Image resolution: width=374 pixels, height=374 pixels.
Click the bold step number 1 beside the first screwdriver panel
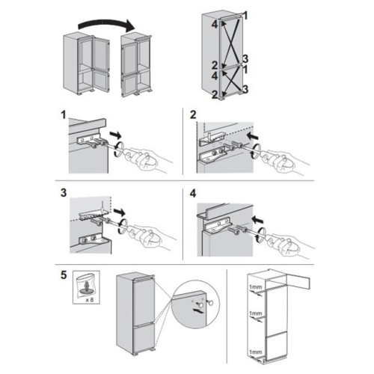coord(64,115)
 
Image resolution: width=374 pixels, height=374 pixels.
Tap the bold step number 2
coord(193,115)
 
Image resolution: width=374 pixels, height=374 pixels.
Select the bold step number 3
coord(64,193)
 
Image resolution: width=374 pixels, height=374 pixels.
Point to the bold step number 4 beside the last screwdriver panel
coord(193,194)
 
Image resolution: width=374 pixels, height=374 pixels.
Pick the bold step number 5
coord(64,275)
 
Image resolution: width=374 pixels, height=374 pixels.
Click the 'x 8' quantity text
coord(90,300)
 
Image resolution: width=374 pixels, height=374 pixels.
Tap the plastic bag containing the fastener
coord(86,286)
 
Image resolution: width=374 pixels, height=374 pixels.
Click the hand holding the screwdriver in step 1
coord(147,159)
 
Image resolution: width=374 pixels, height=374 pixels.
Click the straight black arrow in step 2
coord(252,136)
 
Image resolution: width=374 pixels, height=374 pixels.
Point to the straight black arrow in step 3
coord(120,212)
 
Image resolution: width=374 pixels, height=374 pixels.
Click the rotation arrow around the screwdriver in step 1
coord(118,149)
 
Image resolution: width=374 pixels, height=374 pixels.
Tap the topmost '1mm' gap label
coord(256,287)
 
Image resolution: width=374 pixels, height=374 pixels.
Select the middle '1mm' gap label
coord(256,313)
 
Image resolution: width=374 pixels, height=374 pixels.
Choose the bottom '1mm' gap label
coord(256,352)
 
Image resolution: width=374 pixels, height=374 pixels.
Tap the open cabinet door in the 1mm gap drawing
coord(299,283)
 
